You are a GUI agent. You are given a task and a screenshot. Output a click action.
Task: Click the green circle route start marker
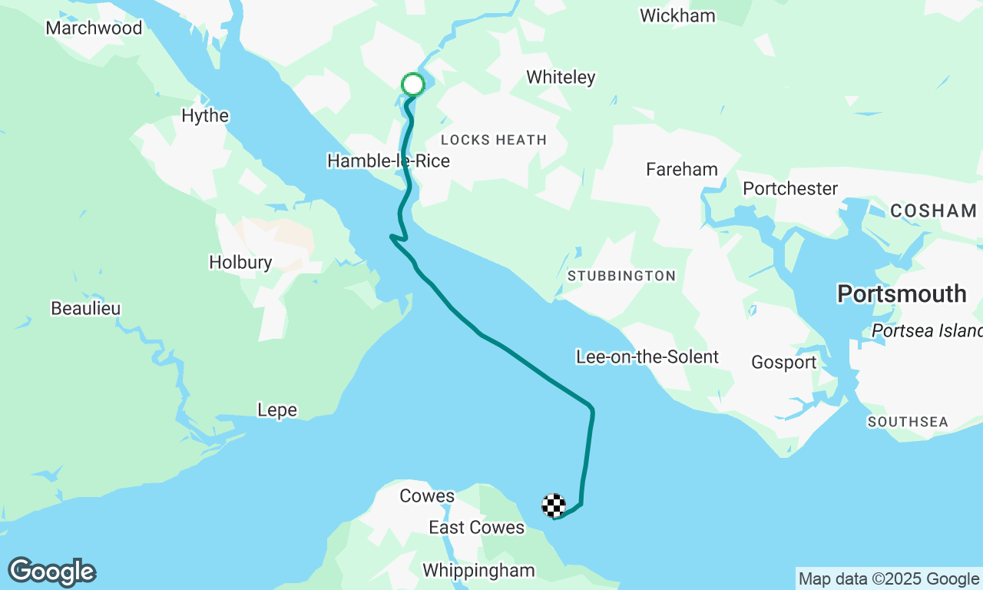(x=413, y=85)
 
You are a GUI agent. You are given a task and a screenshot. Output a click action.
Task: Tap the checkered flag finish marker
(x=554, y=505)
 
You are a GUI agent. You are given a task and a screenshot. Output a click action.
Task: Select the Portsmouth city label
(x=902, y=293)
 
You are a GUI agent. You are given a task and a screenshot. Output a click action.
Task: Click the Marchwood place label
(x=94, y=28)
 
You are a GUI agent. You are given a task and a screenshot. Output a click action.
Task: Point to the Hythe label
(x=205, y=116)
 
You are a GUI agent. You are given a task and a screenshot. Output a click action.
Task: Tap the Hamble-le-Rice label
(x=388, y=161)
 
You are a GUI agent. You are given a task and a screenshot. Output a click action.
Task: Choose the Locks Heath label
(x=494, y=140)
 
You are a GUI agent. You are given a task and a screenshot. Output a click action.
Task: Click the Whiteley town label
(x=561, y=78)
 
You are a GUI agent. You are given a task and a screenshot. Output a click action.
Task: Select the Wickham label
(x=677, y=16)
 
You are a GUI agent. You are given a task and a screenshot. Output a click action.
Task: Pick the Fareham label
(x=681, y=170)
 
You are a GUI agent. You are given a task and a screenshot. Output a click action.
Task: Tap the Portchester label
(x=790, y=189)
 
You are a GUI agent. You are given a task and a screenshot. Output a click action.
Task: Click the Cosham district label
(x=933, y=210)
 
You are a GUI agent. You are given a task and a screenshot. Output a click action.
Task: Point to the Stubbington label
(x=621, y=276)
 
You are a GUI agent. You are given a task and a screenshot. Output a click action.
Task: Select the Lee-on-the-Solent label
(x=647, y=357)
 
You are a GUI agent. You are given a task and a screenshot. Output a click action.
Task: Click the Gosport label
(x=783, y=363)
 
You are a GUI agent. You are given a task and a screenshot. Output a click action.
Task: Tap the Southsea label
(x=908, y=422)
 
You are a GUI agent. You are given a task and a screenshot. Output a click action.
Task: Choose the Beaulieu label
(x=86, y=309)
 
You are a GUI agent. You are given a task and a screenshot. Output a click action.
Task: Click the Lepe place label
(x=276, y=411)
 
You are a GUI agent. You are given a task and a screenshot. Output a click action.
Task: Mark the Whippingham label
(x=478, y=571)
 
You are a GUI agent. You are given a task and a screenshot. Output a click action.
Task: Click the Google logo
(x=52, y=572)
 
